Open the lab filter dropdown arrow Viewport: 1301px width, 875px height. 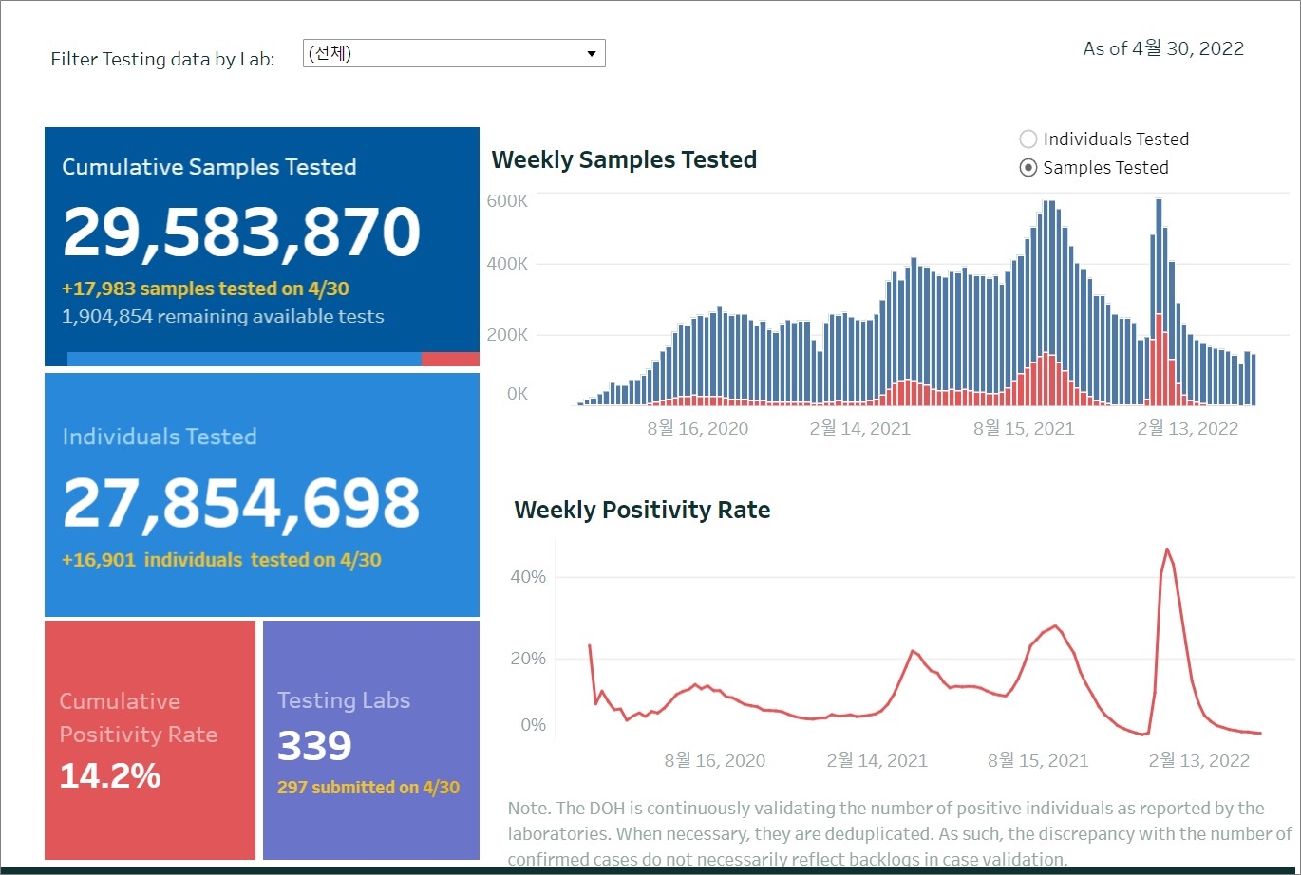point(592,54)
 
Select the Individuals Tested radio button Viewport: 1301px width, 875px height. point(1028,140)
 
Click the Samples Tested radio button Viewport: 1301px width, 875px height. point(1028,168)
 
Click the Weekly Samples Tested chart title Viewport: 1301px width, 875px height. point(624,159)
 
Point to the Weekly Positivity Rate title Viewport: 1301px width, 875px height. point(642,510)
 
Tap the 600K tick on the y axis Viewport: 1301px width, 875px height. point(507,201)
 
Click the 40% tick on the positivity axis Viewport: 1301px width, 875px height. point(528,577)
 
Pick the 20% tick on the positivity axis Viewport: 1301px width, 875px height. point(528,659)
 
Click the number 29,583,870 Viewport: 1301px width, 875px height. point(242,233)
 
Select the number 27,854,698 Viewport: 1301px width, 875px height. point(241,503)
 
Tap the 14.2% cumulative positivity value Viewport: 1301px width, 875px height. point(110,776)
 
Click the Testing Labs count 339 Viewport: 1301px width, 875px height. point(314,746)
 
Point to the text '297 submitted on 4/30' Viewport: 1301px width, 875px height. point(368,787)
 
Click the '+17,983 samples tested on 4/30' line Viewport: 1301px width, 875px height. point(212,289)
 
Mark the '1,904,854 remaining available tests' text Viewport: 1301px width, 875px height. point(223,316)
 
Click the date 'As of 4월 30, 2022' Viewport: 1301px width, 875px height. point(1163,48)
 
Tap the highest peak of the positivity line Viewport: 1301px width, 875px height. point(1167,549)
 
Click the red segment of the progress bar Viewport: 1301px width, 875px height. point(450,359)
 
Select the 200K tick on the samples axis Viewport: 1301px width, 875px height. point(507,334)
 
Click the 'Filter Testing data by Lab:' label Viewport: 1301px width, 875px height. point(162,59)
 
